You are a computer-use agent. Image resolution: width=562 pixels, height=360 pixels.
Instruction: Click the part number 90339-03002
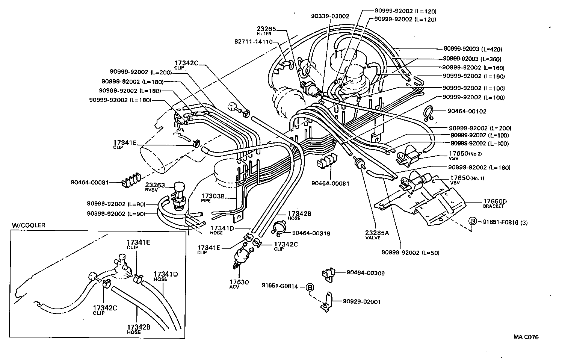tap(330, 16)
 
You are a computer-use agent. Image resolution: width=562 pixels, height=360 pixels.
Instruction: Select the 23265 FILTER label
tap(266, 30)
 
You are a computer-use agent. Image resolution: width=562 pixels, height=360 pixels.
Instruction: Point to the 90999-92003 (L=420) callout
tap(473, 49)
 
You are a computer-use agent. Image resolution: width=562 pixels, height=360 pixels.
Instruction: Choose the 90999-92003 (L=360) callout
tap(472, 59)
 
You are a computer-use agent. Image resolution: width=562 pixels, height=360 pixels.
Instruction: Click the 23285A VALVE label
tap(377, 235)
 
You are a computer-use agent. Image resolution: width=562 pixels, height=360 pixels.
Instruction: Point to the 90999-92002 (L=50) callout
tap(410, 253)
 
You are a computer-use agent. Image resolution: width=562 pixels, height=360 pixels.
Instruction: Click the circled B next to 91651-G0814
tap(310, 287)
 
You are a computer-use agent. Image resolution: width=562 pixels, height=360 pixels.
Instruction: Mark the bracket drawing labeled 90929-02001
tap(326, 303)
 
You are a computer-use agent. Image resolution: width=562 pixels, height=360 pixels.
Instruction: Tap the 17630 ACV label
tap(239, 284)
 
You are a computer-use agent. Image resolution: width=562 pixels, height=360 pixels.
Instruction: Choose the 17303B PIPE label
tap(213, 198)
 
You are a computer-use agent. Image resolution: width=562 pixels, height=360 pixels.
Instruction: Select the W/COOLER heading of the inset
tap(29, 225)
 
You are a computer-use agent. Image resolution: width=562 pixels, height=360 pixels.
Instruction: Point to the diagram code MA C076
tap(526, 337)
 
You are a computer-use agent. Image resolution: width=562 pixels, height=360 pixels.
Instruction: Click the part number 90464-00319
tap(311, 233)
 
